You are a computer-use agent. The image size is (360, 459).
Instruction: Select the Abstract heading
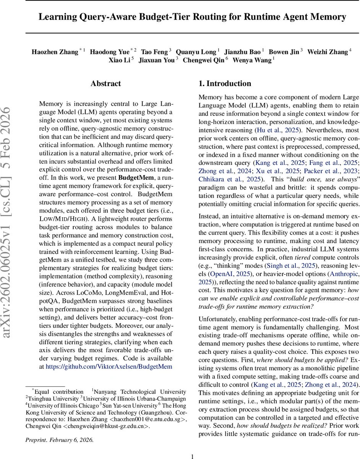106,84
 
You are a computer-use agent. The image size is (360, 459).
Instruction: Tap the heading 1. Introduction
225,84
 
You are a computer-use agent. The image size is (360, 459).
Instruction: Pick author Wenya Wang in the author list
253,60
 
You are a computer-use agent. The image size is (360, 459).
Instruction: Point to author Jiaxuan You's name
156,60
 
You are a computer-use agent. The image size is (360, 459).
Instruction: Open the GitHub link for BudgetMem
109,366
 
